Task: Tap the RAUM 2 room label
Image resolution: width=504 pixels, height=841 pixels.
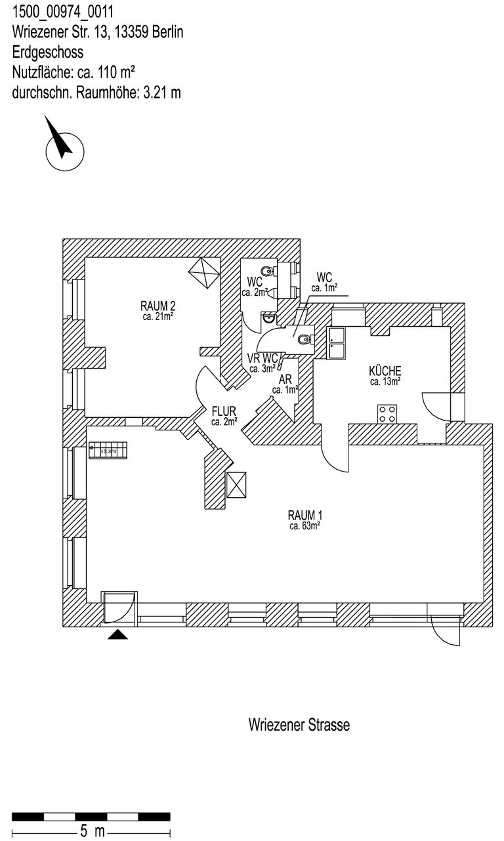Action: point(157,305)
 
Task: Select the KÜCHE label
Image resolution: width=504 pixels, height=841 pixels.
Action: point(385,371)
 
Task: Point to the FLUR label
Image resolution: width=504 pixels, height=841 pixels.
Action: point(224,412)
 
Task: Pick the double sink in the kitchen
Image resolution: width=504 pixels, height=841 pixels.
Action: point(336,342)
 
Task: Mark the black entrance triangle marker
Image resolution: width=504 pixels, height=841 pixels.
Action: point(118,634)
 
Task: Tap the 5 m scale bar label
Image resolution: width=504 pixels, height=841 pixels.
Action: point(91,831)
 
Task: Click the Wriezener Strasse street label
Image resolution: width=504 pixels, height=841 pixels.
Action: point(299,725)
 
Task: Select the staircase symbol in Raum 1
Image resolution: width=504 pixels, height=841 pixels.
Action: point(111,451)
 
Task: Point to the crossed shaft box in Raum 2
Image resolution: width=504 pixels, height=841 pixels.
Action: point(203,271)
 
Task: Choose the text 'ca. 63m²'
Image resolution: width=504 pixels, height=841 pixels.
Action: point(304,525)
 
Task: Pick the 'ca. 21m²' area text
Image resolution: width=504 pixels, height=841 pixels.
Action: point(157,316)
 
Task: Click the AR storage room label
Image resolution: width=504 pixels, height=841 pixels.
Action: point(285,380)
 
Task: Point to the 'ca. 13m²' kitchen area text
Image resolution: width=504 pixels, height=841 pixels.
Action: point(385,381)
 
